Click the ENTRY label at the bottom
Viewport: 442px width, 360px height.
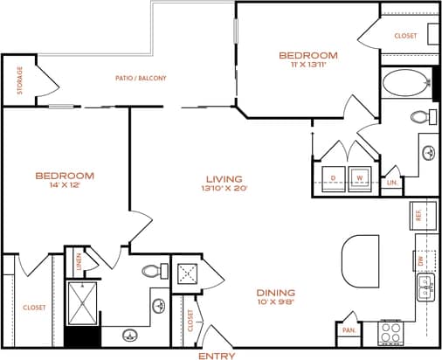pyautogui.click(x=217, y=356)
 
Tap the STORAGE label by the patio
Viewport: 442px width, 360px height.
pyautogui.click(x=19, y=80)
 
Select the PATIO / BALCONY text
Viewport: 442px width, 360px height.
pyautogui.click(x=141, y=78)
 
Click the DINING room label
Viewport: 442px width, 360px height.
pyautogui.click(x=276, y=292)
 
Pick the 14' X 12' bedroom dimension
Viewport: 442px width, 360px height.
pyautogui.click(x=65, y=186)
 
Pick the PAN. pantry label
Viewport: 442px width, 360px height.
pyautogui.click(x=349, y=329)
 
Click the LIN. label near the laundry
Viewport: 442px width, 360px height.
pyautogui.click(x=391, y=182)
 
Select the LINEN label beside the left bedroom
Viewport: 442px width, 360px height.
pyautogui.click(x=79, y=260)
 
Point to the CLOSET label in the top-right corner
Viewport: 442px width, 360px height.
pyautogui.click(x=406, y=36)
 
